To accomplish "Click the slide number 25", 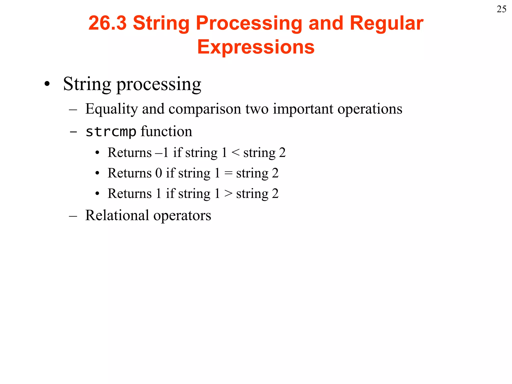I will [x=501, y=9].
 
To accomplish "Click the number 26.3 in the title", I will [x=107, y=23].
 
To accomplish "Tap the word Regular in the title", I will [x=386, y=23].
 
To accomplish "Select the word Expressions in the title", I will [x=256, y=47].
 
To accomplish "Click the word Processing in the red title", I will [x=249, y=23].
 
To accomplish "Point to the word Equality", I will [x=111, y=109].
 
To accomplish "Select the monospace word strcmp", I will [x=111, y=131].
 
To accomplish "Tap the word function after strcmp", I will [x=166, y=131].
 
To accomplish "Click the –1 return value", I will [x=162, y=152].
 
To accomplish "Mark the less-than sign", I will [x=235, y=152].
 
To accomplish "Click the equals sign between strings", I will [x=228, y=173].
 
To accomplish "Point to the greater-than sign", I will [x=228, y=193].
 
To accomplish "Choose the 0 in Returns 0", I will [x=158, y=173].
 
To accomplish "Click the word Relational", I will [x=117, y=215].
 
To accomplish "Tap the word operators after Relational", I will [x=182, y=215].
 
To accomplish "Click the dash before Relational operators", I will [x=73, y=216].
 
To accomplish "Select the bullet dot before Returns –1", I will [x=97, y=153].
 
